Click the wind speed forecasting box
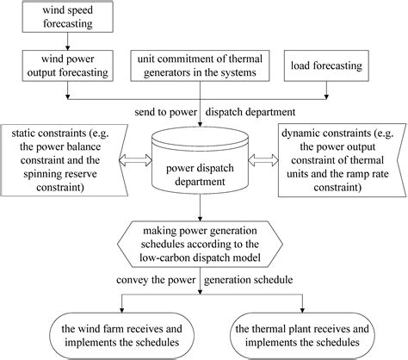coord(65,19)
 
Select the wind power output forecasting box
coord(65,66)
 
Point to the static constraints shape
coord(65,158)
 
